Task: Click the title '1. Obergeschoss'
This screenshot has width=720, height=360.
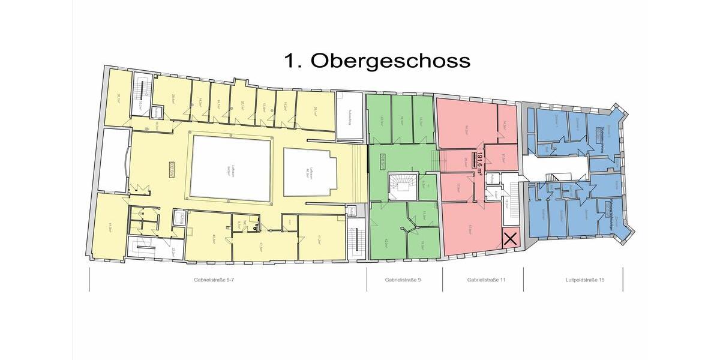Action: (x=377, y=61)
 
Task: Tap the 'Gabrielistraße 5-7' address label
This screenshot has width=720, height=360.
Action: (x=218, y=280)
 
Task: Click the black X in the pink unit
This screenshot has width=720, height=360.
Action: (x=510, y=239)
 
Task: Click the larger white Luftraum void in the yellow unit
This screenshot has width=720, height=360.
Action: (x=230, y=169)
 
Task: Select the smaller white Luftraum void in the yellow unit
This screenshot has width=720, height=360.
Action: (x=310, y=172)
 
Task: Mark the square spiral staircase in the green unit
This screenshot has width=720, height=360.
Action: (x=400, y=187)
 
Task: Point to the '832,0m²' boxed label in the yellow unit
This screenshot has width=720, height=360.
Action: (x=154, y=170)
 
